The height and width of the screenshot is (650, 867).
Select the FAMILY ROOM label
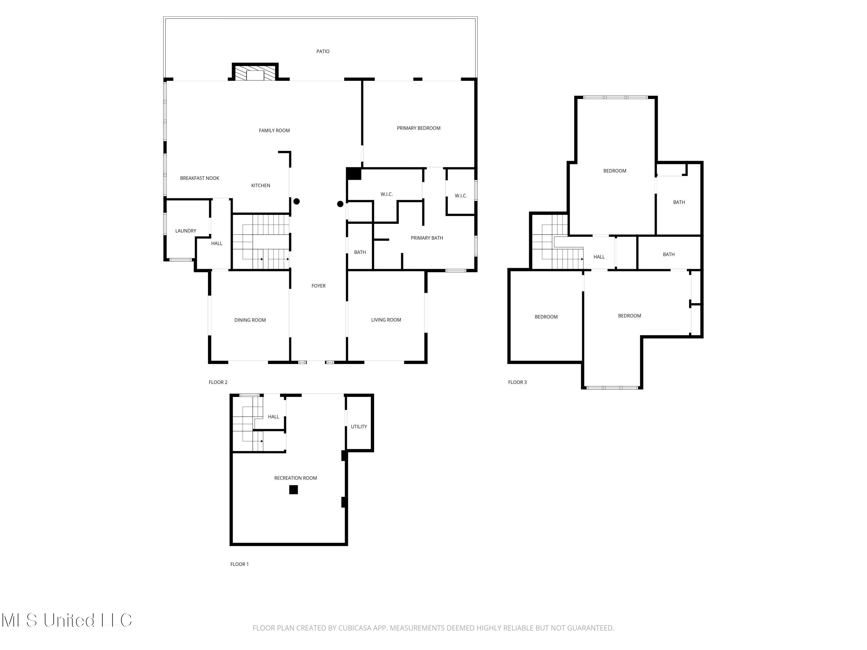tap(274, 131)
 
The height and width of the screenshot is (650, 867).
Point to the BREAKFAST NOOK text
tap(199, 178)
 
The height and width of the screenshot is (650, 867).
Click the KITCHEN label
tap(260, 186)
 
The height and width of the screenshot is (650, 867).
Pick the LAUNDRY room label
tap(186, 231)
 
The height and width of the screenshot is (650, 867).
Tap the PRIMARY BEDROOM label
tap(418, 128)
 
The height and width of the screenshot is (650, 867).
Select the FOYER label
tap(318, 286)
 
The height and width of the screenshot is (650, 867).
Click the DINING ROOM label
tap(250, 320)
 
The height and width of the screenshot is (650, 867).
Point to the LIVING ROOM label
tap(386, 320)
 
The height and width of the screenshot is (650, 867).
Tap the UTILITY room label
tap(359, 427)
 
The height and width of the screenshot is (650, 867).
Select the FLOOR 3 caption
tap(517, 382)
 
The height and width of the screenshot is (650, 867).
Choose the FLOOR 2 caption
tap(218, 382)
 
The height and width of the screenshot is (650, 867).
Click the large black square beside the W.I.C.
tap(353, 174)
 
